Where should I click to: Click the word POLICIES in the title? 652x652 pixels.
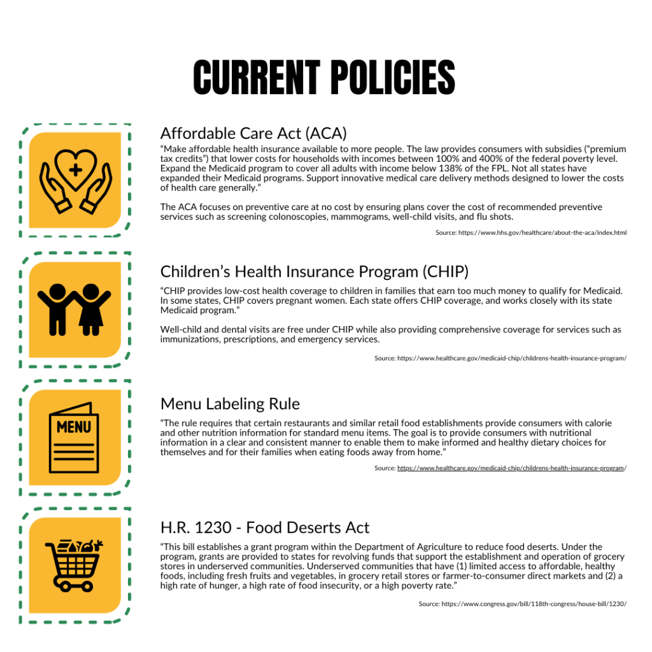393,78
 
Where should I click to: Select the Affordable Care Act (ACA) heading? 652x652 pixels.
253,133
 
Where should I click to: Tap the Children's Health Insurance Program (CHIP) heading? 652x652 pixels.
315,272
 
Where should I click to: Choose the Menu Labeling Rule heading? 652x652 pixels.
230,404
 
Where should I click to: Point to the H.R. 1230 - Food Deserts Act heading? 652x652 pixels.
265,528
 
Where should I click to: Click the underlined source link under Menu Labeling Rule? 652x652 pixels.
510,468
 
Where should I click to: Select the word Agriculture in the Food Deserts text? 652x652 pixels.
421,547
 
